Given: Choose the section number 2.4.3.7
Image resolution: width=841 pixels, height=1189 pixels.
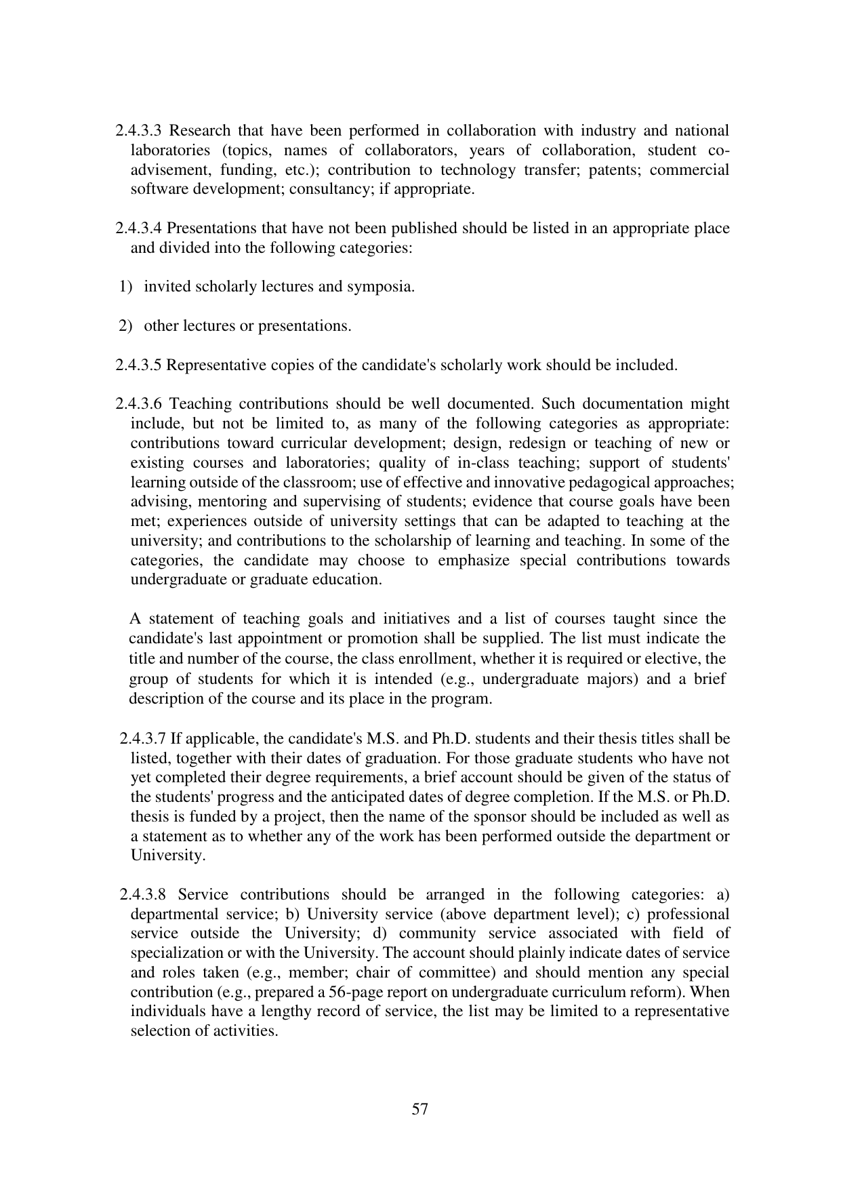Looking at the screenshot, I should coord(142,739).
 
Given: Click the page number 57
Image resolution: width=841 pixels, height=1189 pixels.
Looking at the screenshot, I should coord(420,1110).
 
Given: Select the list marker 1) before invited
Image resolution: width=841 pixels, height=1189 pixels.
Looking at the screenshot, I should coord(125,287).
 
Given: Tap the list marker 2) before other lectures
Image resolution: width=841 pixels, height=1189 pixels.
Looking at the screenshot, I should coord(125,327).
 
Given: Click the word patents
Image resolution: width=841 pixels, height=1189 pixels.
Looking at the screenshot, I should coord(613,170).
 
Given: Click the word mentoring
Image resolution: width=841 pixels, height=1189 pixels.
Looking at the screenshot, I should coord(215,502).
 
